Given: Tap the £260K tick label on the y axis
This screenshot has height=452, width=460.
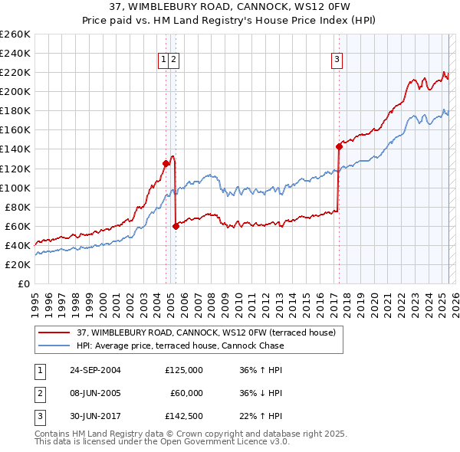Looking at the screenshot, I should [x=15, y=34].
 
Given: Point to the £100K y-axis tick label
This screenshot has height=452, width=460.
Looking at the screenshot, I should [x=15, y=188].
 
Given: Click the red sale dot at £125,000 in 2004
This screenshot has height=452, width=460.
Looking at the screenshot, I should [x=166, y=163].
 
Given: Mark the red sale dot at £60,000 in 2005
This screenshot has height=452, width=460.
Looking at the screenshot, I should [x=176, y=226].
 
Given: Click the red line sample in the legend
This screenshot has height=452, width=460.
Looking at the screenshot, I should [x=54, y=332].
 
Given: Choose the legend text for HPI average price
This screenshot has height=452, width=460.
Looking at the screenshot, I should [x=180, y=346].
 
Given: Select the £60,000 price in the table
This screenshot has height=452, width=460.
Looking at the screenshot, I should [x=185, y=393].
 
